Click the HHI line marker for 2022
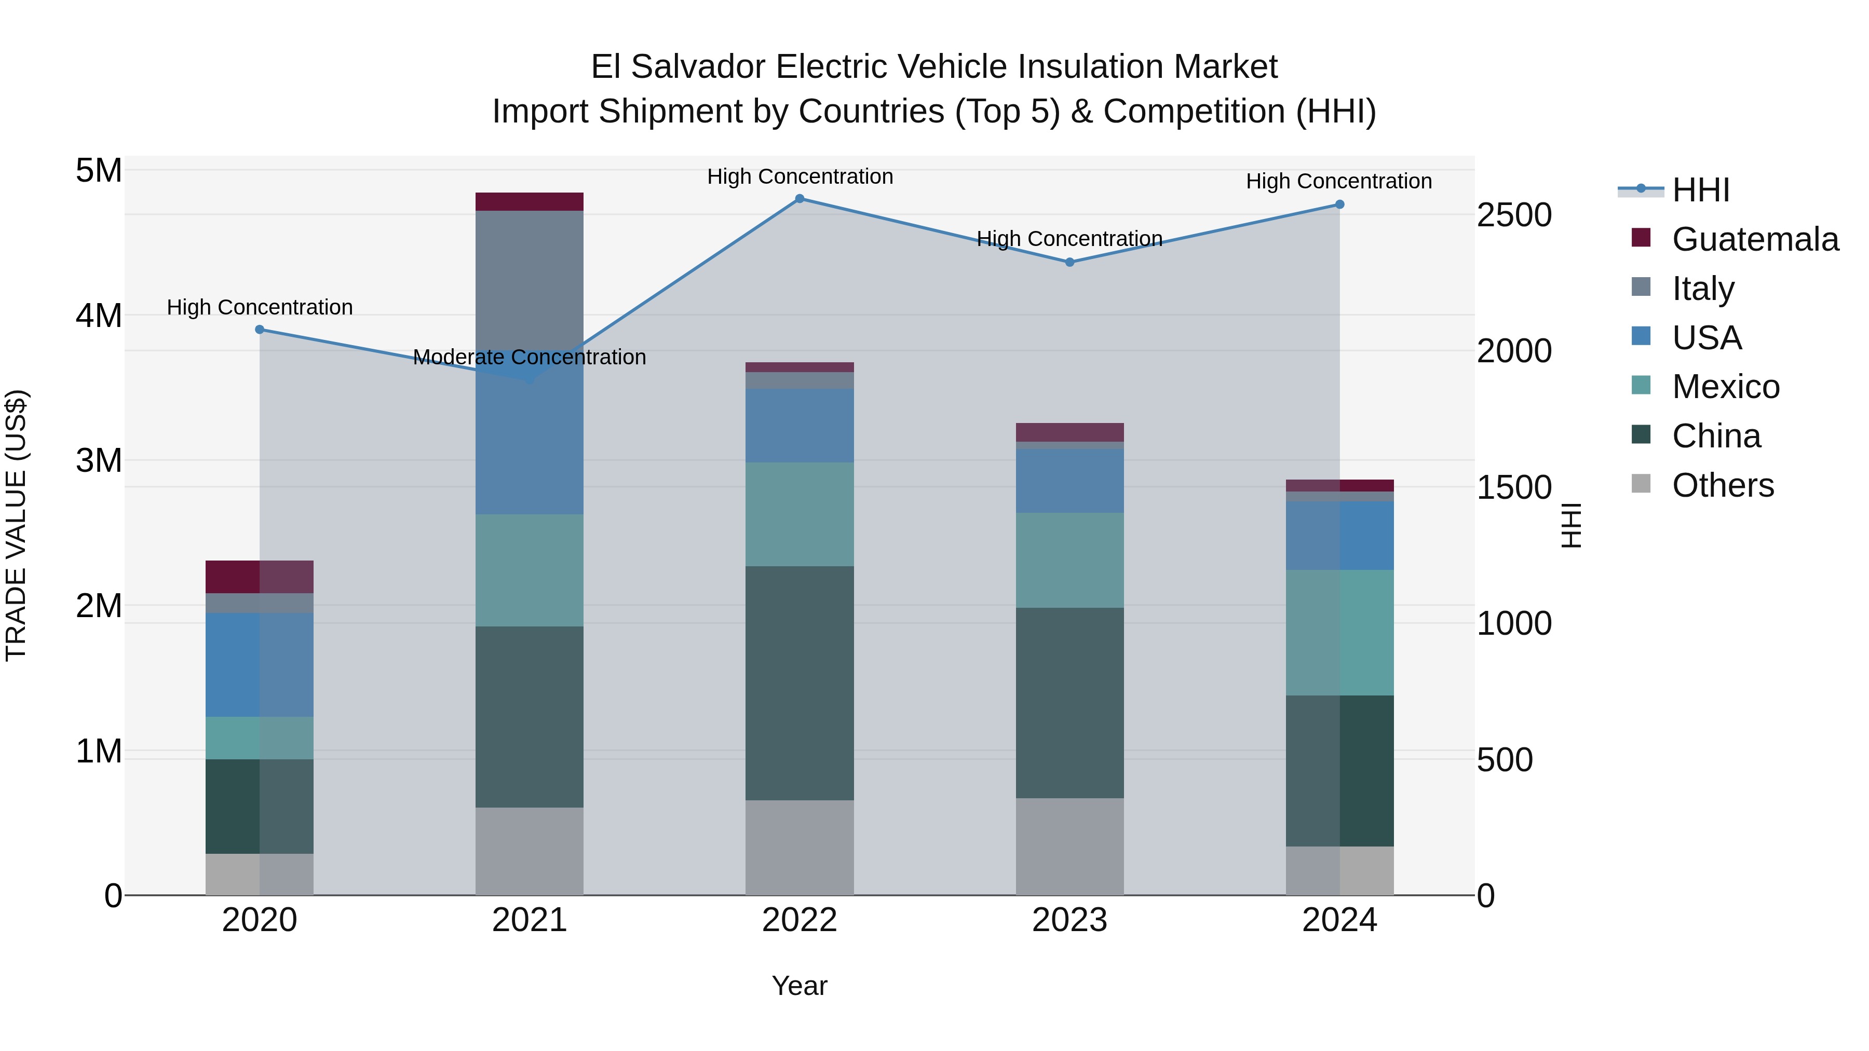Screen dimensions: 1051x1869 (x=800, y=199)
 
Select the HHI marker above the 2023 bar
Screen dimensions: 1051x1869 (x=1069, y=263)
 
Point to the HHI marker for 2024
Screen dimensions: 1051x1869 (x=1339, y=204)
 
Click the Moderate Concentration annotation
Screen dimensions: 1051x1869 (x=529, y=358)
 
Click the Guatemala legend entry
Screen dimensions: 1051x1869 (x=1754, y=239)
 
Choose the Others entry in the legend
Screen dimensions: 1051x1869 (x=1723, y=485)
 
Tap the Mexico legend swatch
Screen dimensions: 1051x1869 (x=1641, y=386)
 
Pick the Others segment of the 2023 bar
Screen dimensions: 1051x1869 (x=1069, y=847)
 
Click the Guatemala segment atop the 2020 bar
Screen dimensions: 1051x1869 (x=260, y=577)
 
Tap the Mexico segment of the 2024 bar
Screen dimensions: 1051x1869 (x=1339, y=633)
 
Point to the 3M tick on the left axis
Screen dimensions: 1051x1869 (x=99, y=460)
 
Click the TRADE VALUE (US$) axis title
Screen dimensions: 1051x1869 (x=16, y=526)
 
